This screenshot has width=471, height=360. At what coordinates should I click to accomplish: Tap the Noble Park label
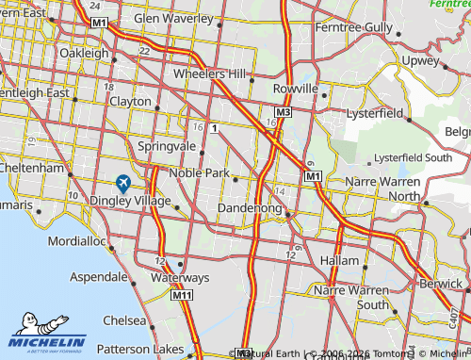click(x=198, y=173)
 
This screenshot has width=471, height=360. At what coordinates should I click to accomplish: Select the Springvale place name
click(x=167, y=147)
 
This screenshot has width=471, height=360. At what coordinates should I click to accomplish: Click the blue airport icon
click(x=122, y=183)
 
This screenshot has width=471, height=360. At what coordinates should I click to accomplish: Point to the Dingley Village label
click(x=130, y=200)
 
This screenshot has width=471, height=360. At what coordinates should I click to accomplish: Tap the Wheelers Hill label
click(x=209, y=74)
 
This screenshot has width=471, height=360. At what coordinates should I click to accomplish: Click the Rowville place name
click(x=296, y=88)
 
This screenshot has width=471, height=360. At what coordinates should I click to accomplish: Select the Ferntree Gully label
click(x=354, y=27)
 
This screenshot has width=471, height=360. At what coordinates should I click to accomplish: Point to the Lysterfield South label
click(x=412, y=157)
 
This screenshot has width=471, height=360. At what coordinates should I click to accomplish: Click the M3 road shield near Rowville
click(x=283, y=112)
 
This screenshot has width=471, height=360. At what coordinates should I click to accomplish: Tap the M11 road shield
click(x=182, y=296)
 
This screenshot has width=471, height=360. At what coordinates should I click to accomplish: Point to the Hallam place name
click(x=340, y=260)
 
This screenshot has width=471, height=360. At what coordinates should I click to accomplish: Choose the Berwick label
click(x=443, y=283)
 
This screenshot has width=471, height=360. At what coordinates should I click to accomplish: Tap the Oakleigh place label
click(x=85, y=53)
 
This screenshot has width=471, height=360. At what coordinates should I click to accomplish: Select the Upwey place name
click(x=419, y=60)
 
